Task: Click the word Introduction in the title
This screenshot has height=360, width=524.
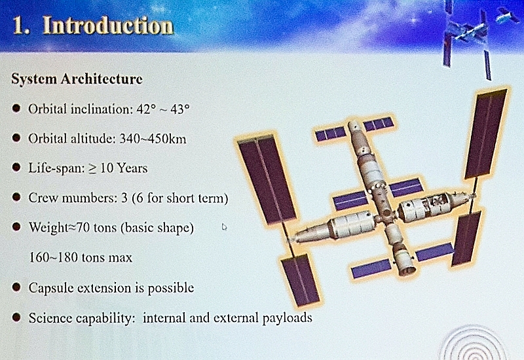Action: [x=108, y=26]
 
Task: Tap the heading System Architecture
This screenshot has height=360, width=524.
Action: [x=77, y=79]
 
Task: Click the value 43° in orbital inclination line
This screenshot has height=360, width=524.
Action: [x=179, y=109]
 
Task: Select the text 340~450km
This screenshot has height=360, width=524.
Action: [x=153, y=139]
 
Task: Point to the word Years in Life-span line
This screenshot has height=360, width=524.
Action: [x=132, y=168]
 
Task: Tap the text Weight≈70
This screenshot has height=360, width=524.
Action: [x=60, y=228]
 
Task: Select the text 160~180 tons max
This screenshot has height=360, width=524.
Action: [x=81, y=257]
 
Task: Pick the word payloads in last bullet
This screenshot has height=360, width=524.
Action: [x=287, y=318]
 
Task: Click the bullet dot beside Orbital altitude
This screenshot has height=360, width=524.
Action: [x=16, y=138]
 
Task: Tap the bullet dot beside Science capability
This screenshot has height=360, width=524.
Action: [x=16, y=317]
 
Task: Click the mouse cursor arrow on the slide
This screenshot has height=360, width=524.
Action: [x=224, y=227]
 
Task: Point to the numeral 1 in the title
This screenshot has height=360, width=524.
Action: [x=18, y=26]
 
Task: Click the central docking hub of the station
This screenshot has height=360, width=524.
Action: [x=386, y=214]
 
